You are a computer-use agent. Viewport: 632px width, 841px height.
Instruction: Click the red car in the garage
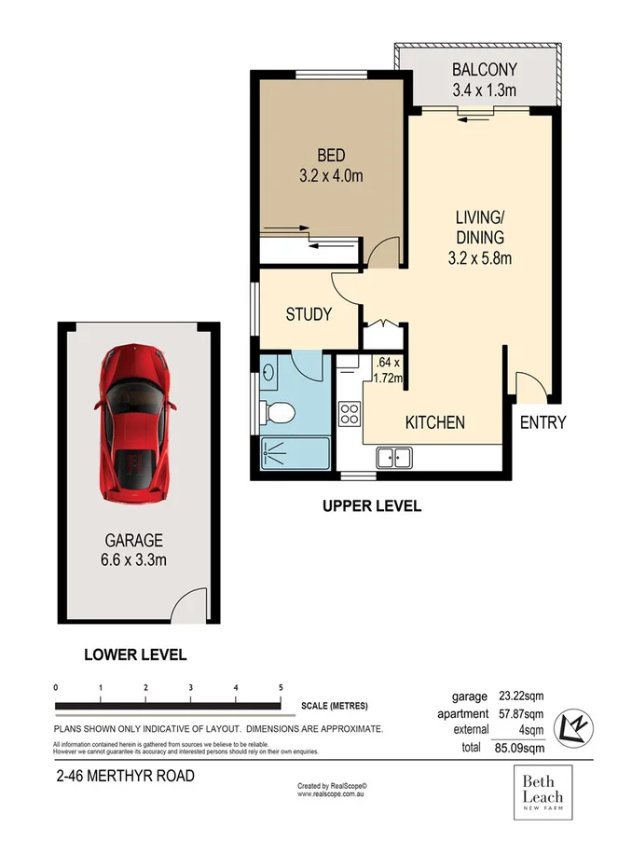pos(134,421)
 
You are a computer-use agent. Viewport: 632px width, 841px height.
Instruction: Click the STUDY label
pos(309,314)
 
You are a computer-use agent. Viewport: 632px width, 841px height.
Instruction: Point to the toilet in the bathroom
pos(278,410)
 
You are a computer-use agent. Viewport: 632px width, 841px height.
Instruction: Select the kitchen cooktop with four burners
pos(350,413)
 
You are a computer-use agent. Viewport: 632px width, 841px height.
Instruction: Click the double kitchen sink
pos(395,457)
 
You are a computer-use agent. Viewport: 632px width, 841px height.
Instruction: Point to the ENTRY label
pos(543,422)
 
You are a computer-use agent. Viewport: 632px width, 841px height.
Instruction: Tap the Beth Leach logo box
pos(541,795)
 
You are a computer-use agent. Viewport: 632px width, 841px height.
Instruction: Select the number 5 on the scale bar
pos(281,687)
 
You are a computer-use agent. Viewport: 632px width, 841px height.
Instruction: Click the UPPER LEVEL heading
pos(372,506)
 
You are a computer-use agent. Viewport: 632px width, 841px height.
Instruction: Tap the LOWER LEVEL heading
pos(135,655)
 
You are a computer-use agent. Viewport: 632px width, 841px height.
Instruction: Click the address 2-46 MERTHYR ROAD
pos(123,775)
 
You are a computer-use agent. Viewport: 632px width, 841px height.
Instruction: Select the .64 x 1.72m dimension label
pos(387,370)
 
